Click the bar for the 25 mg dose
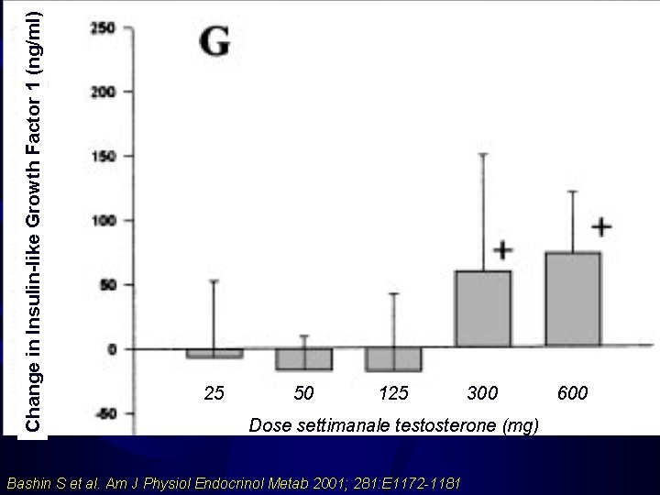pos(214,353)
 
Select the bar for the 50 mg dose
pos(304,359)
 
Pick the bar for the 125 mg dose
pos(394,359)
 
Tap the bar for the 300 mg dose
pos(483,309)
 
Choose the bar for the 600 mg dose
pos(573,300)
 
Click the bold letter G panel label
pos(215,42)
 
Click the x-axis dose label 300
pos(483,393)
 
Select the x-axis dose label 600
pos(573,393)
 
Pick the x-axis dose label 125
pos(394,393)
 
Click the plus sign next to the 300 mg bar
pos(503,249)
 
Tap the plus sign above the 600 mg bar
pos(601,225)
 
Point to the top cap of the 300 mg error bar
pos(483,154)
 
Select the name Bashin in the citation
pos(28,482)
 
